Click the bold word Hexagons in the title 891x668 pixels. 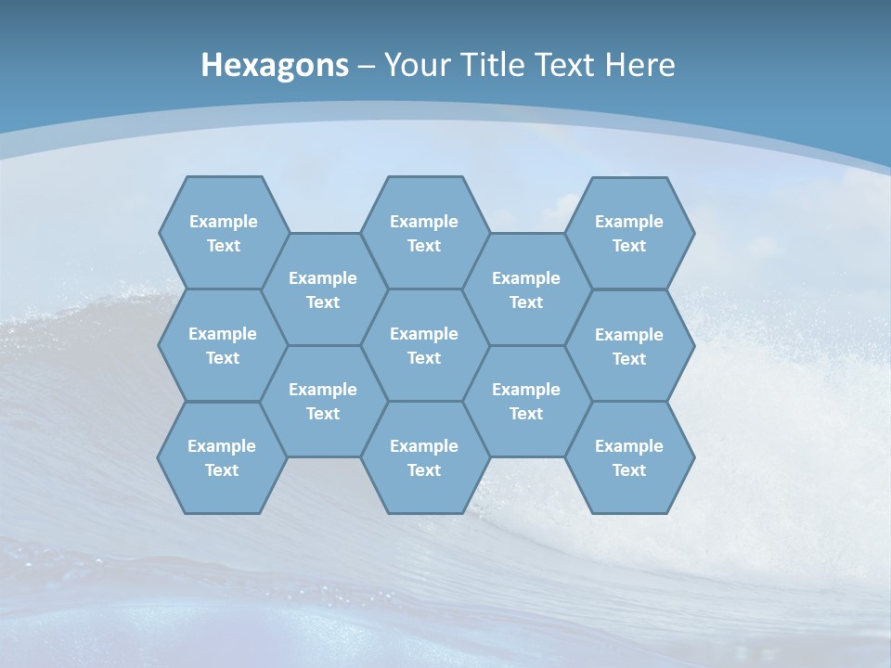(x=275, y=65)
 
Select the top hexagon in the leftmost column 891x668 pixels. (x=223, y=233)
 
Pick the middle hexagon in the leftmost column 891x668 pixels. (x=223, y=345)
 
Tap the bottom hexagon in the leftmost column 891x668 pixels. (x=222, y=457)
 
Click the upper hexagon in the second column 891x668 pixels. (x=323, y=289)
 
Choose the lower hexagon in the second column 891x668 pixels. (x=323, y=401)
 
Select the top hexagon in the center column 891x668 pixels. (x=424, y=233)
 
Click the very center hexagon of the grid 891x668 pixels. (x=424, y=345)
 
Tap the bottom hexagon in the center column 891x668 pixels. (x=424, y=457)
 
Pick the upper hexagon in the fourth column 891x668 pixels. (x=526, y=289)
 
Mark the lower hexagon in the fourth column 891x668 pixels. (x=526, y=401)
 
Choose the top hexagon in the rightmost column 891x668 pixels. (x=629, y=233)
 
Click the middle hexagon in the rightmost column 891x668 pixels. (x=629, y=346)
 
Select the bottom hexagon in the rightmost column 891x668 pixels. (x=629, y=457)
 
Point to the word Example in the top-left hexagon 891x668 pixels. (x=223, y=221)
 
